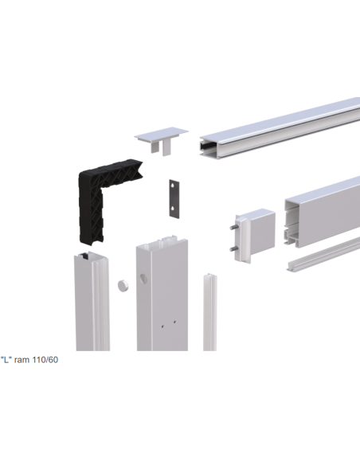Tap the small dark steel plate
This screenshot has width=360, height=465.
pyautogui.click(x=174, y=199)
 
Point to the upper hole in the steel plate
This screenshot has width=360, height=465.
pyautogui.click(x=173, y=186)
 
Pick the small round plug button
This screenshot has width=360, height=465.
pyautogui.click(x=123, y=285)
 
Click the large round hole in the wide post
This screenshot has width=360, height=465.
pyautogui.click(x=143, y=279)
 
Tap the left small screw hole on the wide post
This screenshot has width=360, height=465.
pyautogui.click(x=162, y=326)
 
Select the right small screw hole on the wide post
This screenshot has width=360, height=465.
pyautogui.click(x=174, y=322)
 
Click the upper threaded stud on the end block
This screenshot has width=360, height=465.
pyautogui.click(x=233, y=228)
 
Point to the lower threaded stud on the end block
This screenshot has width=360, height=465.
pyautogui.click(x=233, y=248)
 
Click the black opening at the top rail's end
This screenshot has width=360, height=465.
pyautogui.click(x=206, y=146)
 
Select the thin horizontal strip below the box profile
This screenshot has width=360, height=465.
pyautogui.click(x=323, y=254)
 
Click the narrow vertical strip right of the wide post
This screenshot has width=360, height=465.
pyautogui.click(x=210, y=312)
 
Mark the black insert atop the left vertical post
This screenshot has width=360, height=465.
pyautogui.click(x=84, y=256)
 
